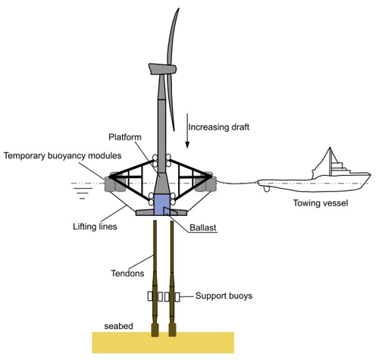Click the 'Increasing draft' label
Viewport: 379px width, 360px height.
click(219, 127)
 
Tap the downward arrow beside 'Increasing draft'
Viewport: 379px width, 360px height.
click(187, 130)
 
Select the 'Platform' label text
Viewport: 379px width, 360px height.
click(125, 137)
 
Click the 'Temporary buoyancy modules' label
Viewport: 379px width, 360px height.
click(62, 155)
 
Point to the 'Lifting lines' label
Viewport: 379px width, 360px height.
click(95, 227)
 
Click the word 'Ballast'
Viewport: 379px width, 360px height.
click(203, 227)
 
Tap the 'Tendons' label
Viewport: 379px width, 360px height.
click(127, 274)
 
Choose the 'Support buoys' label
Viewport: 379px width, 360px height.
click(224, 296)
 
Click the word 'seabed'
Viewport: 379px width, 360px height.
click(118, 326)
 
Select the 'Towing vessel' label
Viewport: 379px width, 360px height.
click(321, 203)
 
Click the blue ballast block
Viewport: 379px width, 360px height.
click(161, 205)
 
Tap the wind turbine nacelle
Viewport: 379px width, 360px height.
click(162, 69)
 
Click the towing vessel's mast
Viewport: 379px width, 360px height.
click(330, 161)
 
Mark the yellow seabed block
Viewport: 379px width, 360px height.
click(163, 343)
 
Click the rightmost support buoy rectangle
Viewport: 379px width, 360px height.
click(177, 297)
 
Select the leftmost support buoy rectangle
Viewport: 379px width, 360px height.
click(150, 296)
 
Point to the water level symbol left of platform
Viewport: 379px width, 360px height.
click(83, 190)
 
